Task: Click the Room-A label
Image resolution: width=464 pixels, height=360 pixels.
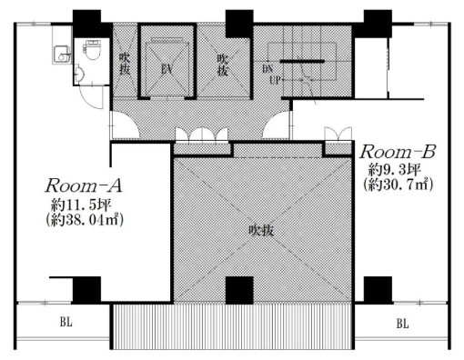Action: (x=84, y=185)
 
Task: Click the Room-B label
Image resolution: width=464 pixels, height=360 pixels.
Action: (x=398, y=152)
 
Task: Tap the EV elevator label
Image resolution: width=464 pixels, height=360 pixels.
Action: (x=166, y=70)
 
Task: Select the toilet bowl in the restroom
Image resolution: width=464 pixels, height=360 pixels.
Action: (x=90, y=50)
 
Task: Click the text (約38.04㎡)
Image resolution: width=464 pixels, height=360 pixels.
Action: (x=85, y=221)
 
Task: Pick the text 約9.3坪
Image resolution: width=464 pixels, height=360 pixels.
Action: (x=394, y=170)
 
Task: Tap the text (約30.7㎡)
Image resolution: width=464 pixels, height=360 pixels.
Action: (x=398, y=185)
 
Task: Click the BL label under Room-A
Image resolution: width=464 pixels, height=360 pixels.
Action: (x=66, y=322)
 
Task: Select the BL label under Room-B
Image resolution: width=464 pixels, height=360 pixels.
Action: (x=402, y=324)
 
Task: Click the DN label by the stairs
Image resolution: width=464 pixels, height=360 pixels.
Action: (x=267, y=69)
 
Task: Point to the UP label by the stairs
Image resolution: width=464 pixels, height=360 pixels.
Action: (x=275, y=80)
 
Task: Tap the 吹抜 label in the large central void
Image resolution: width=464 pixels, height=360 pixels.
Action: (x=261, y=231)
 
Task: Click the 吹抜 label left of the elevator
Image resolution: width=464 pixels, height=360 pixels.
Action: (x=125, y=65)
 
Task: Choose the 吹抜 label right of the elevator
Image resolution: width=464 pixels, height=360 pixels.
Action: (x=223, y=65)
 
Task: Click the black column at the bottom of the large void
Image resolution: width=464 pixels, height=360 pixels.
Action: (x=239, y=290)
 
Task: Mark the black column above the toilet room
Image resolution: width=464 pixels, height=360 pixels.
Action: (x=91, y=24)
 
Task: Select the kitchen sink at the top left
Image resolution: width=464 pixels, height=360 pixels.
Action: (x=62, y=55)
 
